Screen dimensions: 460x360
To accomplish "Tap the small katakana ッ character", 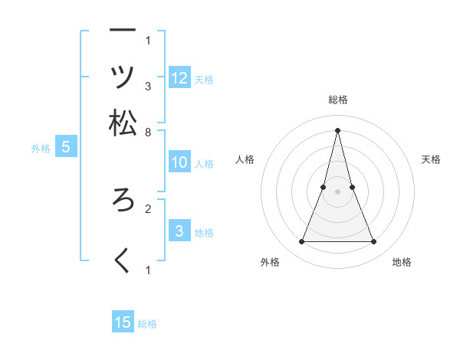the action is [123, 77].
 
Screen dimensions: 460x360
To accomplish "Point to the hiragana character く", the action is [123, 260].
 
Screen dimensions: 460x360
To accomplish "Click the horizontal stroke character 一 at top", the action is [123, 31].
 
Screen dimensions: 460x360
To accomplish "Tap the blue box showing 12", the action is [179, 78].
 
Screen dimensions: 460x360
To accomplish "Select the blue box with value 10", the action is [179, 162].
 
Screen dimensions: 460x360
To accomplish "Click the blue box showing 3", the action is [179, 231].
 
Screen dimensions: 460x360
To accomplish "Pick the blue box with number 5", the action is [65, 148].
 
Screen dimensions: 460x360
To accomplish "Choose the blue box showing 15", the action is [123, 322].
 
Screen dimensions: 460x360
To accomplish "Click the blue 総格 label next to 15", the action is [147, 324].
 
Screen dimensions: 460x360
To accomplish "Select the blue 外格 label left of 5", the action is [41, 149].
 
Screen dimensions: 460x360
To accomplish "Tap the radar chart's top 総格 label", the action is [337, 100].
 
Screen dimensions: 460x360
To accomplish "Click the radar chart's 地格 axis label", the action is [402, 262].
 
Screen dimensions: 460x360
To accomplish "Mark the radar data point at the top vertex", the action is [337, 129].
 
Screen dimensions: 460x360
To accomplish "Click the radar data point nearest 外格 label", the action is [301, 242].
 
